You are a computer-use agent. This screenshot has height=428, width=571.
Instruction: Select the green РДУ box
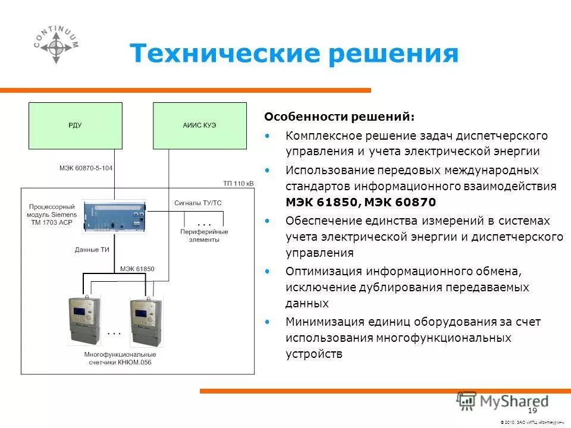point(75,125)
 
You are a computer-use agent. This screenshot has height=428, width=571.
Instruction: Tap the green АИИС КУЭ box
point(199,125)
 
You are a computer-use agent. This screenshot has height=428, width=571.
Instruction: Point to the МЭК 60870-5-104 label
point(86,168)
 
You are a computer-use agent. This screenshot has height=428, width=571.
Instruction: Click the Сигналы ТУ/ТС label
point(197,203)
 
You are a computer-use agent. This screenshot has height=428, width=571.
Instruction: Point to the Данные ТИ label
point(92,250)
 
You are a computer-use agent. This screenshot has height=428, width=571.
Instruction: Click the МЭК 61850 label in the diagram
point(137,269)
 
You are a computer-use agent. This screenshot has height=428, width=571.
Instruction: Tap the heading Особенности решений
point(340,116)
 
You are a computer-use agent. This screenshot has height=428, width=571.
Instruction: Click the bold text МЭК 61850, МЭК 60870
point(360,202)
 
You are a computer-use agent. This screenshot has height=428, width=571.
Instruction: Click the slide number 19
point(532,411)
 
